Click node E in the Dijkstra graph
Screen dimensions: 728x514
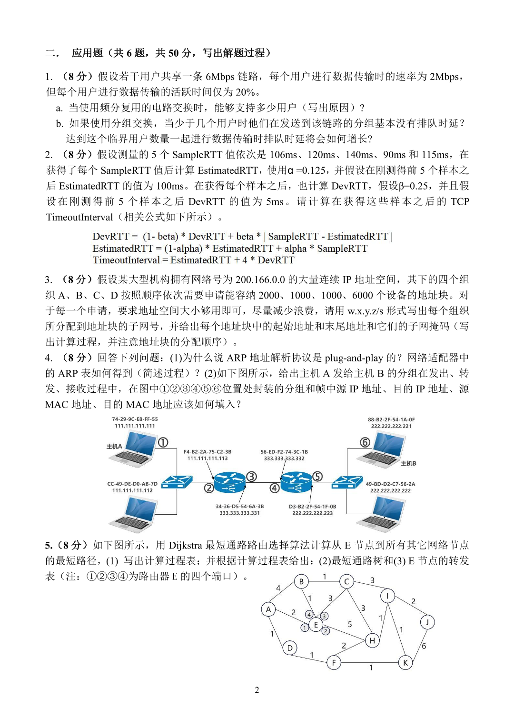click(x=316, y=625)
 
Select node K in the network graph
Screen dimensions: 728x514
click(x=405, y=662)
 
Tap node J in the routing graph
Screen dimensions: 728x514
click(x=427, y=622)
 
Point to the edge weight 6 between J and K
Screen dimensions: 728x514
click(x=424, y=646)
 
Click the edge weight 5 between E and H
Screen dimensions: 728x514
click(x=350, y=624)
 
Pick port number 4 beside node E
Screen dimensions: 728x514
click(x=309, y=615)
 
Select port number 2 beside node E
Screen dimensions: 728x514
click(x=326, y=631)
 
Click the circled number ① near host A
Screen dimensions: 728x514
click(x=163, y=442)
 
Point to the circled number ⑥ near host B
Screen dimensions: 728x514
click(x=365, y=442)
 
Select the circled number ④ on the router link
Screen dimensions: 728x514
click(x=275, y=488)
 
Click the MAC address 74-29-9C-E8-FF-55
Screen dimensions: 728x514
click(x=135, y=419)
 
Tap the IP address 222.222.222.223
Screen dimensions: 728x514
click(x=312, y=513)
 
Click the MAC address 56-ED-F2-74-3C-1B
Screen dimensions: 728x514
click(x=284, y=452)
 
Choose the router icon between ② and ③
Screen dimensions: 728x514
click(x=230, y=483)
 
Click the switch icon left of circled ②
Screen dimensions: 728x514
click(x=177, y=482)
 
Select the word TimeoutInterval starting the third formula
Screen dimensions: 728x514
click(x=126, y=260)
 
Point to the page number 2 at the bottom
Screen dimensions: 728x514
click(x=257, y=690)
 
